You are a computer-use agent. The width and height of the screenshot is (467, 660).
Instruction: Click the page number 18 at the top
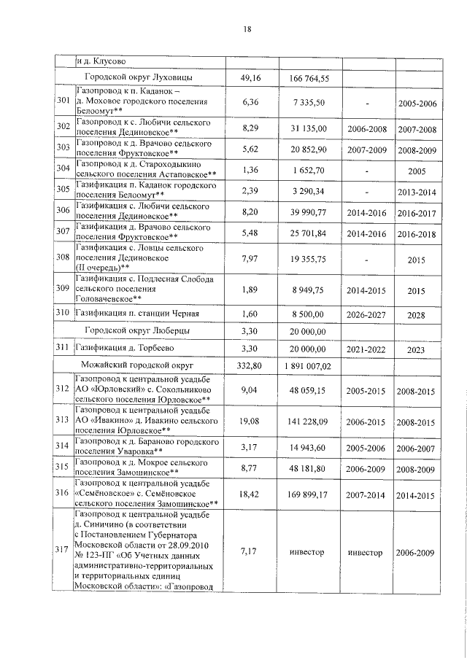247,30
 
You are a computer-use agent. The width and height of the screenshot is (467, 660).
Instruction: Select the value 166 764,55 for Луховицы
310,79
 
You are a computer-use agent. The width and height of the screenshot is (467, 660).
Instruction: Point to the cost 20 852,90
310,149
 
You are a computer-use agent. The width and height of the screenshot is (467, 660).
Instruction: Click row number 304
63,169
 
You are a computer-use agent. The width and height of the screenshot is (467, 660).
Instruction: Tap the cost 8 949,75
310,290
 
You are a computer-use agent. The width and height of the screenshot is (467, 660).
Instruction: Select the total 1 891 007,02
310,365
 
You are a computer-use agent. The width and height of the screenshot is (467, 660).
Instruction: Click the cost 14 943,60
310,446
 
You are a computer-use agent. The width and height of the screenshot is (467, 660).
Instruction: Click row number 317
63,551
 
